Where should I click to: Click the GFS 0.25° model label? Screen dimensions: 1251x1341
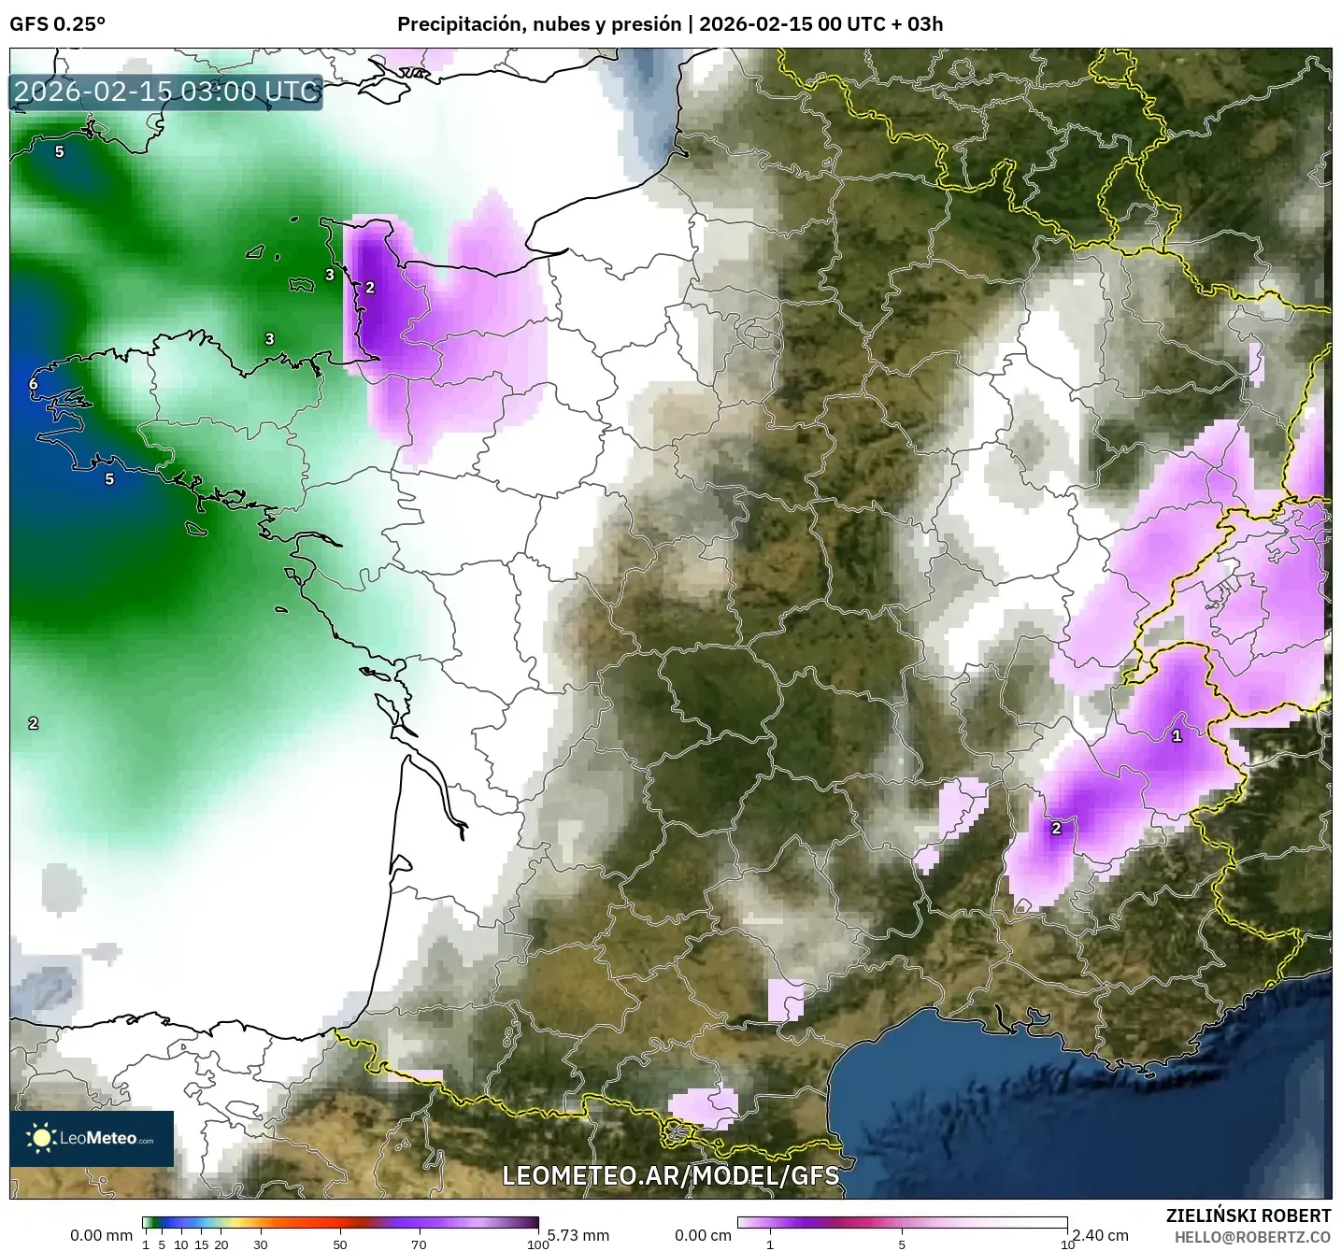[x=57, y=24]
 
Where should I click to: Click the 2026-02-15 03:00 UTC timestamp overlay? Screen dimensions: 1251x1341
[x=166, y=92]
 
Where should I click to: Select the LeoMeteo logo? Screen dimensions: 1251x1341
[x=92, y=1138]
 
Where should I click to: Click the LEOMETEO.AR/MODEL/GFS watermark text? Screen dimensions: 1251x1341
[x=670, y=1175]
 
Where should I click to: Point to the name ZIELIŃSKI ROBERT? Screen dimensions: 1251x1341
[x=1248, y=1215]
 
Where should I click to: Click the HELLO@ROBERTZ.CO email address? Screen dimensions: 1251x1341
[x=1252, y=1236]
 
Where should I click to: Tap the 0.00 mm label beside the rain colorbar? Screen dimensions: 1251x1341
[x=101, y=1235]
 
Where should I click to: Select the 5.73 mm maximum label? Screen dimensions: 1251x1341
[x=578, y=1235]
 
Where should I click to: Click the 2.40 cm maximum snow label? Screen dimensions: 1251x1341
[x=1100, y=1235]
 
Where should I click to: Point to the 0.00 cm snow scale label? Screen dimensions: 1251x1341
[x=703, y=1235]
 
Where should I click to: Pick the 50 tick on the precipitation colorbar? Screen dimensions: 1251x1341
[x=340, y=1244]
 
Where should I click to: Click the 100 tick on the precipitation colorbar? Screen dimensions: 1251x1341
[x=537, y=1244]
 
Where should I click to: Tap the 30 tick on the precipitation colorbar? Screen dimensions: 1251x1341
[x=261, y=1244]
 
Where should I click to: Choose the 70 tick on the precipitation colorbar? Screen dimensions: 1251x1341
[x=419, y=1244]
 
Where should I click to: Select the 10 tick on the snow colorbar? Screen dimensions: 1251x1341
[x=1066, y=1244]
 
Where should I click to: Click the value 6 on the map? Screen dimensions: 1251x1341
[x=34, y=384]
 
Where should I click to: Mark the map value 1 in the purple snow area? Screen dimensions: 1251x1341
[x=1177, y=735]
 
